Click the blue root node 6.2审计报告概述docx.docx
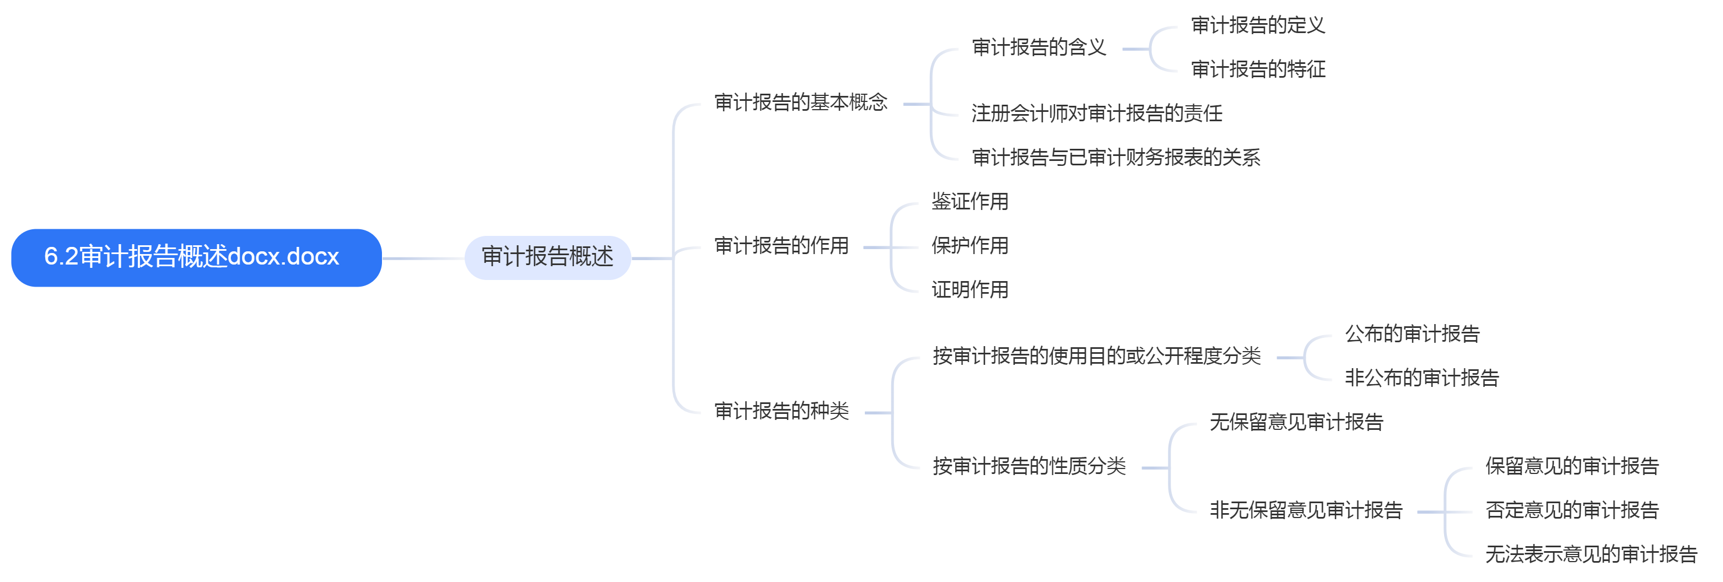click(x=196, y=257)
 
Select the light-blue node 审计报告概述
click(x=547, y=257)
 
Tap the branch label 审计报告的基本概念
click(x=801, y=103)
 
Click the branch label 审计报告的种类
click(x=781, y=411)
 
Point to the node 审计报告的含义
click(x=1039, y=47)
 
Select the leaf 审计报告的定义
click(x=1257, y=25)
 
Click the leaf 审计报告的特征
click(x=1257, y=69)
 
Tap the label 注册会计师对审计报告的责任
click(x=1096, y=113)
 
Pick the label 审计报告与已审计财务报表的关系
click(x=1116, y=157)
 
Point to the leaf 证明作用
click(x=970, y=290)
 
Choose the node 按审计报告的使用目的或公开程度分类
click(x=1096, y=356)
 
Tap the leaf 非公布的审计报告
click(x=1422, y=378)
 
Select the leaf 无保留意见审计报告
click(x=1296, y=422)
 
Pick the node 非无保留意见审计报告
click(x=1306, y=510)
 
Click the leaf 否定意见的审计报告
click(x=1572, y=510)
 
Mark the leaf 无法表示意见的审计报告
click(x=1591, y=554)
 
